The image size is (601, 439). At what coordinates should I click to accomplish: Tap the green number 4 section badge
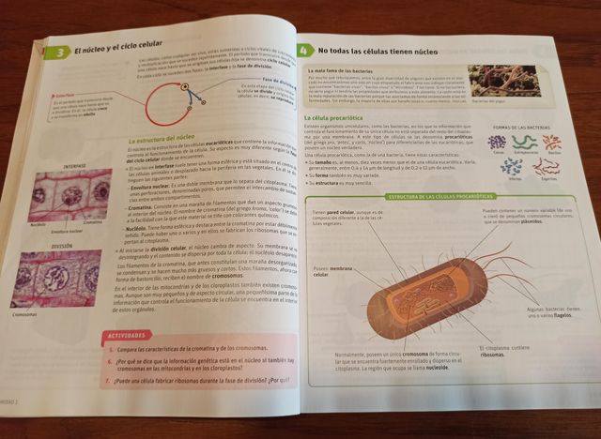303,50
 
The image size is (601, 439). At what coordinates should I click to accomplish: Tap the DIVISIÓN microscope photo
60,279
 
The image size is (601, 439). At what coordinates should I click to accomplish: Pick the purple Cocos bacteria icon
497,142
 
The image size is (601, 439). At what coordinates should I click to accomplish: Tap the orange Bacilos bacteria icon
552,143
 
